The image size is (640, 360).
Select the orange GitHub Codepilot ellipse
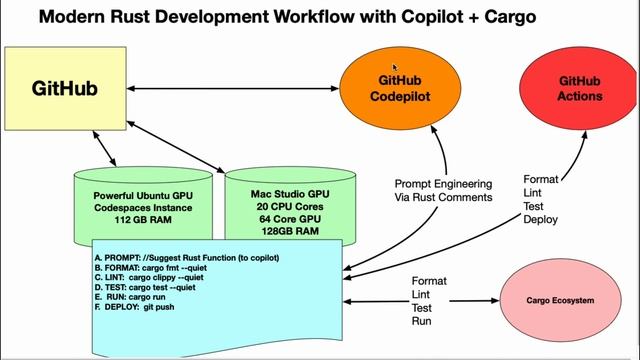(404, 88)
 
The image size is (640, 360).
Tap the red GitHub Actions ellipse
(580, 88)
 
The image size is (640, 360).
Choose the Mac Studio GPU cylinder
(290, 205)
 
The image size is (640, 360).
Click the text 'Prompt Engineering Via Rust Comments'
(443, 190)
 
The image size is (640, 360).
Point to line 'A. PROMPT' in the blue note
(186, 258)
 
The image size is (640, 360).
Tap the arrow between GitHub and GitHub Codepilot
(240, 88)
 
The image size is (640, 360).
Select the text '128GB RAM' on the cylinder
(290, 230)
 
